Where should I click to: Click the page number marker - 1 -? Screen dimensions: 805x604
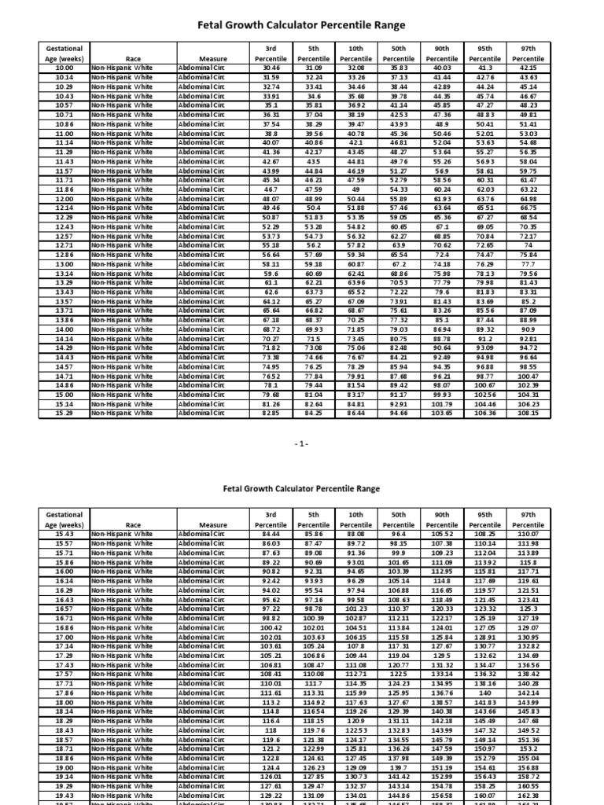point(302,443)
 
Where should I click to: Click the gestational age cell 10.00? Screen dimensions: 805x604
point(64,68)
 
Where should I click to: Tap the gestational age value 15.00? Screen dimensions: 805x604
point(64,395)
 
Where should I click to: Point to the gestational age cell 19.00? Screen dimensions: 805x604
point(64,767)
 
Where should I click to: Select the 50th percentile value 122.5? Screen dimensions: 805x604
point(400,674)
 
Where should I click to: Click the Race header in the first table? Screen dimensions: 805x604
point(133,59)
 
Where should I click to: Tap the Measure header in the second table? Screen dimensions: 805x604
point(212,524)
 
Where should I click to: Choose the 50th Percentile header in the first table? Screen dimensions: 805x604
point(400,53)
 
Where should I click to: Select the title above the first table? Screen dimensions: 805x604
point(302,25)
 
